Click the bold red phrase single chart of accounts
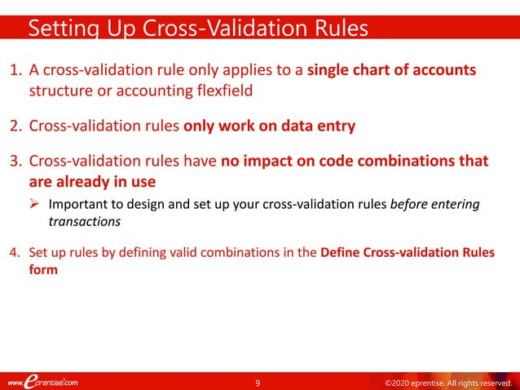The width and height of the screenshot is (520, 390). click(392, 71)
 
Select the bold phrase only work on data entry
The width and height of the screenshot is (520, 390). click(270, 126)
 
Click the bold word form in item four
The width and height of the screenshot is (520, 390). click(43, 270)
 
